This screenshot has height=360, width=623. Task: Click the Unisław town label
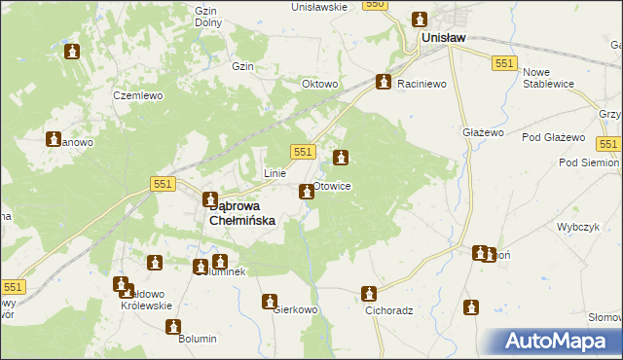click(443, 38)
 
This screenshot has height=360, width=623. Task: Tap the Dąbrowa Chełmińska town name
click(243, 213)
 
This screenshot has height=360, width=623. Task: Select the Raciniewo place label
click(421, 84)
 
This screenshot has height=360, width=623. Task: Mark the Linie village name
click(275, 173)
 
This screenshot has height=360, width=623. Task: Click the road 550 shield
click(376, 5)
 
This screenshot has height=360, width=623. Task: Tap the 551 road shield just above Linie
click(303, 152)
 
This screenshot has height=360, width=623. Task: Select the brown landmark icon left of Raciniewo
click(385, 83)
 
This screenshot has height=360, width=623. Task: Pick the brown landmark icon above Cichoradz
click(369, 293)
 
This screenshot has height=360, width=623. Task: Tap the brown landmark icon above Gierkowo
click(270, 302)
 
